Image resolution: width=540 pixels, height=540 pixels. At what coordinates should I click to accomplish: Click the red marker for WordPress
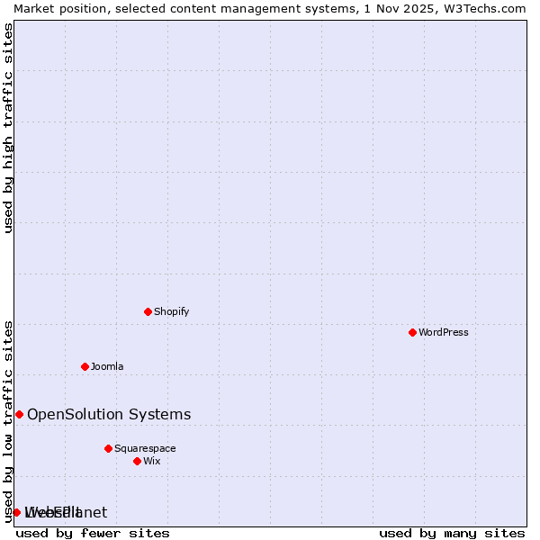[x=412, y=332]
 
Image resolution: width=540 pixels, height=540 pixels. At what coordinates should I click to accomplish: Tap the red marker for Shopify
[x=148, y=311]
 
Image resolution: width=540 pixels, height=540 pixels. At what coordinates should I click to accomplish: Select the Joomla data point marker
[x=85, y=366]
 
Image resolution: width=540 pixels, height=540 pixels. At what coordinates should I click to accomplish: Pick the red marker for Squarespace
[x=108, y=448]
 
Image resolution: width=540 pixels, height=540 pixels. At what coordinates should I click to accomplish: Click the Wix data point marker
[x=137, y=461]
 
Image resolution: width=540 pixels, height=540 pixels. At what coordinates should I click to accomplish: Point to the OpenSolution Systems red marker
[x=19, y=414]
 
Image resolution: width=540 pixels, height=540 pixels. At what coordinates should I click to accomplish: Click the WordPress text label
[x=443, y=332]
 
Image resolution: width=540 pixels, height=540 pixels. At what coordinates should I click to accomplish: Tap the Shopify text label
[x=171, y=311]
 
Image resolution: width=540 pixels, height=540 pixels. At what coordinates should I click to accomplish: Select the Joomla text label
[x=107, y=366]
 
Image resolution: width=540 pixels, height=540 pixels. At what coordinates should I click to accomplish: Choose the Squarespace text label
[x=145, y=448]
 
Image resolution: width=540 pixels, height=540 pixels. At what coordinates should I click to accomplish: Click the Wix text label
[x=151, y=461]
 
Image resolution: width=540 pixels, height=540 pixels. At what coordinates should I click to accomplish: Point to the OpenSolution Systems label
[x=109, y=414]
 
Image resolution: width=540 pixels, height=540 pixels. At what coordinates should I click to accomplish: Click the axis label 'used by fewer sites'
[x=93, y=533]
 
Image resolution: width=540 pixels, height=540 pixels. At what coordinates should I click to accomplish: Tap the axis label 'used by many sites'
[x=452, y=533]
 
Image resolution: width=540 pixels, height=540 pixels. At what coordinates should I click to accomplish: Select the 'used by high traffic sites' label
[x=9, y=128]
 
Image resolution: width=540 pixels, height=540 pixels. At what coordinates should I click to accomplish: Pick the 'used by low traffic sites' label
[x=9, y=421]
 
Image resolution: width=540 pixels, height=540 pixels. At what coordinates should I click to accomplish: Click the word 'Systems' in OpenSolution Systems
[x=161, y=414]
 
